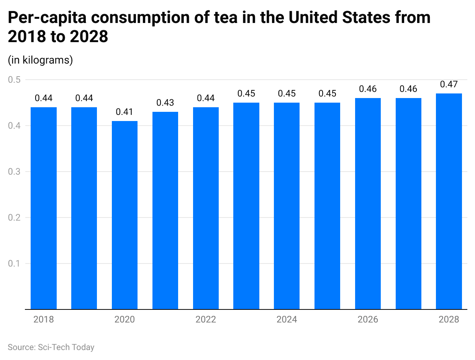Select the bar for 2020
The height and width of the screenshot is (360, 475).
click(124, 215)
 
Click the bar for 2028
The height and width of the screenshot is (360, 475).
click(449, 201)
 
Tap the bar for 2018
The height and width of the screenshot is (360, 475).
click(44, 208)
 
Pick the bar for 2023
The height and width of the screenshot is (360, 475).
click(246, 206)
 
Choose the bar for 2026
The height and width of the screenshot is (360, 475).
click(368, 203)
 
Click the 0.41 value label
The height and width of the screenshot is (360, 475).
click(124, 112)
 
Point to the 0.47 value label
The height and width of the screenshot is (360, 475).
click(449, 84)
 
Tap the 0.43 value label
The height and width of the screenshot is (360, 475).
click(165, 103)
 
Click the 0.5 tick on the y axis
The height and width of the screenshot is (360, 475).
click(15, 80)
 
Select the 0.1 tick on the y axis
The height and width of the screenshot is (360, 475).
click(15, 263)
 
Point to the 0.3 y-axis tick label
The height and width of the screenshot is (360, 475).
click(15, 172)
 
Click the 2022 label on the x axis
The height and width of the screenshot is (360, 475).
click(206, 319)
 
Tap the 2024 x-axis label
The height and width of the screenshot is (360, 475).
click(287, 319)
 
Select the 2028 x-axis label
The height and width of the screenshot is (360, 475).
click(449, 319)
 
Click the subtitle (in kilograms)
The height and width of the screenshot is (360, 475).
click(40, 60)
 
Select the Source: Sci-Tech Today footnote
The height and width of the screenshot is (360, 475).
click(51, 347)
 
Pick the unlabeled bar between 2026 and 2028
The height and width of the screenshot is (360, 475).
click(408, 203)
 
